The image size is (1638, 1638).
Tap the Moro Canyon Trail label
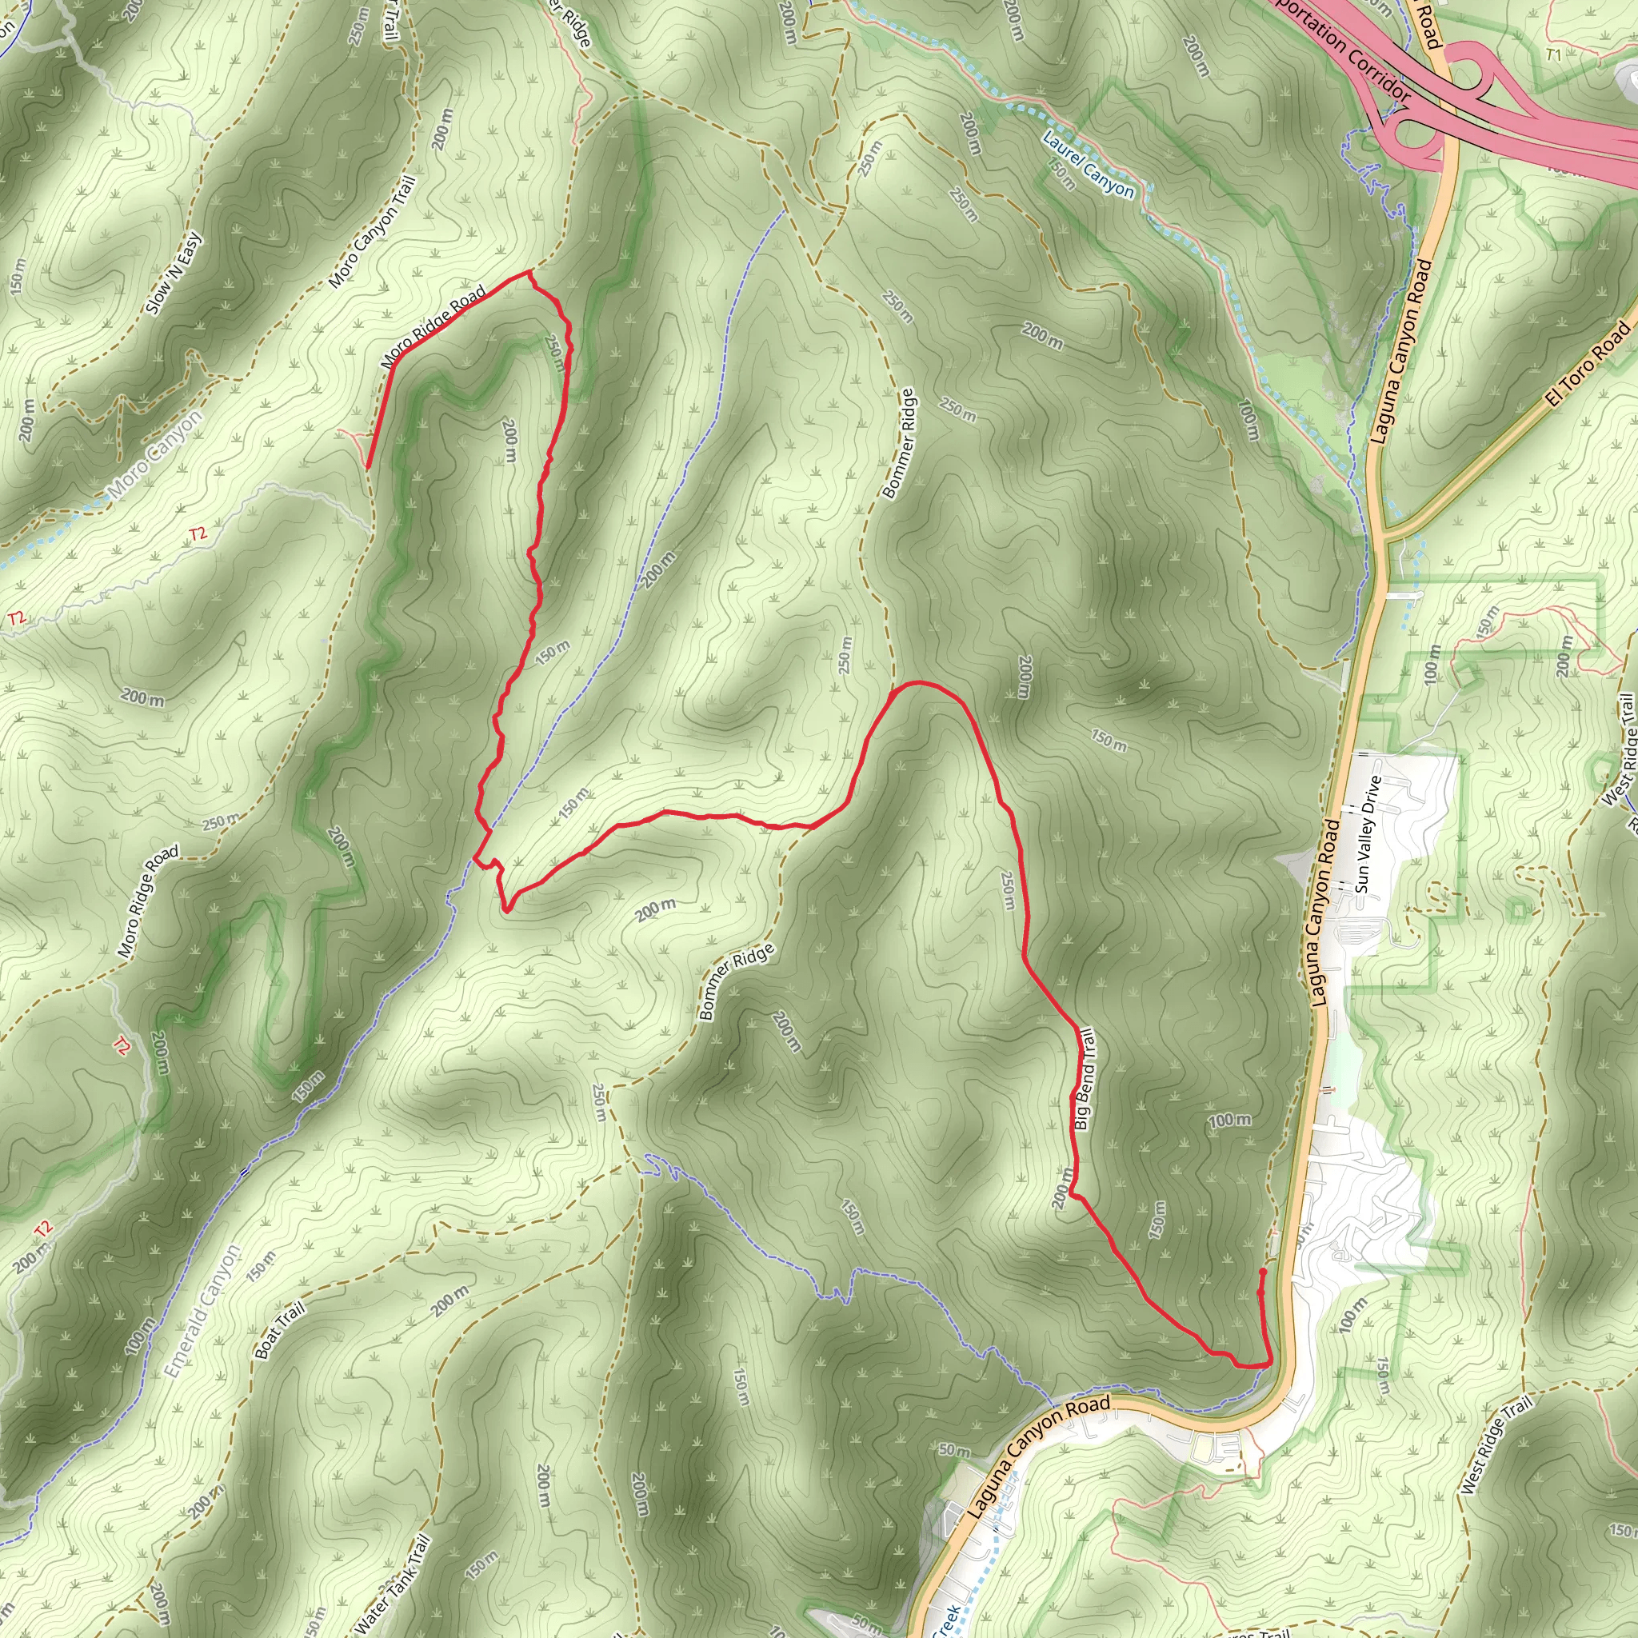click(x=374, y=231)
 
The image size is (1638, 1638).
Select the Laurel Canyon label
click(x=1088, y=165)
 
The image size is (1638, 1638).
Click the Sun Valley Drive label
click(x=1368, y=834)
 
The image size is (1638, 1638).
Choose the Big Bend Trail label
click(x=1085, y=1079)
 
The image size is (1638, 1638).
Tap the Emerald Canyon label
click(x=202, y=1312)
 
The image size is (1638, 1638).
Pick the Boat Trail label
click(x=280, y=1331)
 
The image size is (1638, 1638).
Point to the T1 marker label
click(x=1553, y=55)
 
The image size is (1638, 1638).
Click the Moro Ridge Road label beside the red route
click(x=433, y=326)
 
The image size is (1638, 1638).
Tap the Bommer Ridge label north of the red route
click(x=899, y=443)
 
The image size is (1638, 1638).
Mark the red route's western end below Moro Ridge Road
click(x=367, y=466)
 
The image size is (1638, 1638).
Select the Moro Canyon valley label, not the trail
click(x=156, y=453)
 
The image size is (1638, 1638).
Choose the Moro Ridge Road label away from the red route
click(x=149, y=902)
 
